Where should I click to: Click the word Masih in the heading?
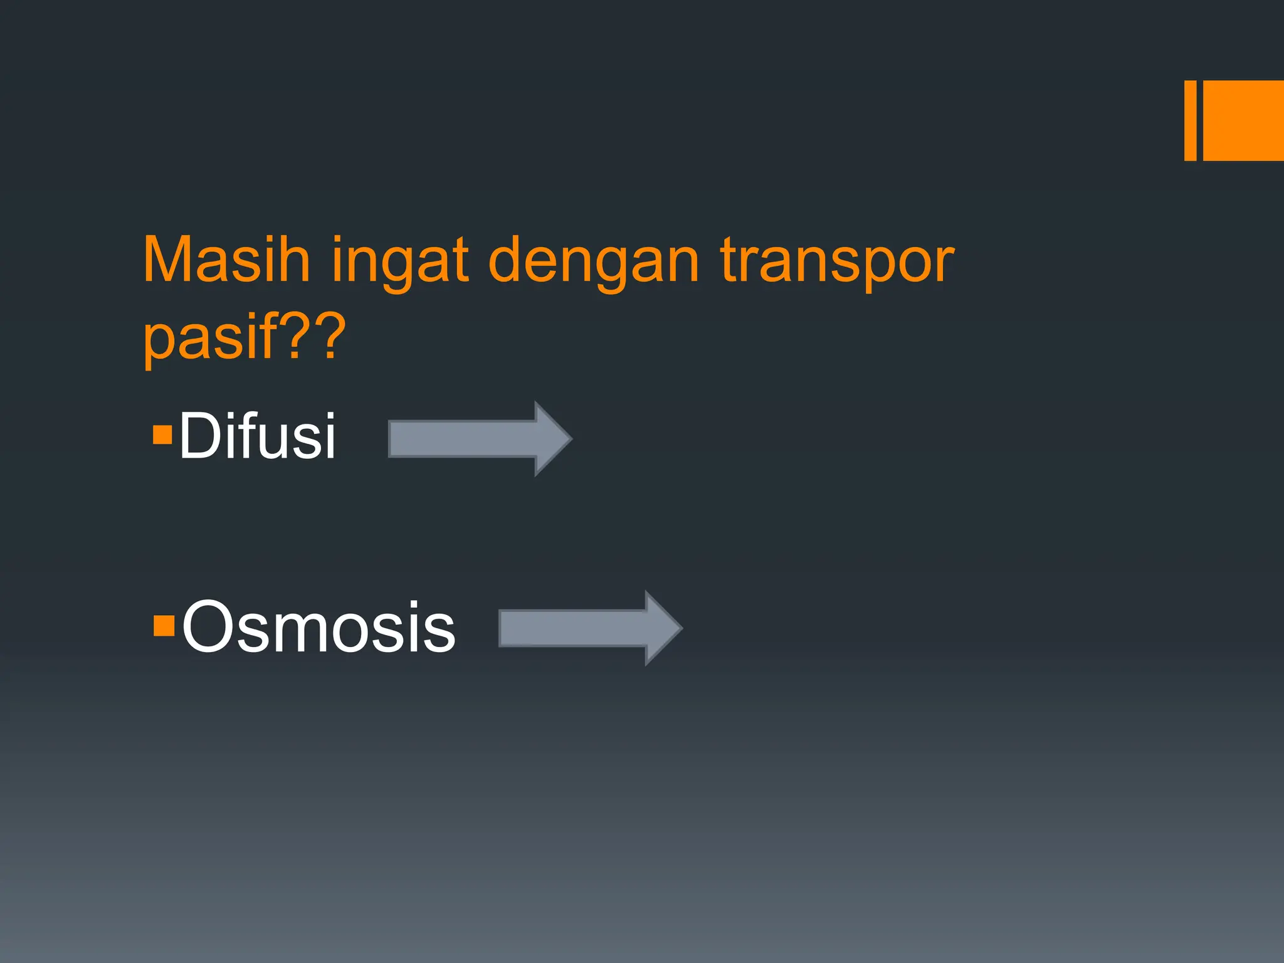point(226,260)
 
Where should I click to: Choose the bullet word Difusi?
point(257,436)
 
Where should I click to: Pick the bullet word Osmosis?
point(318,627)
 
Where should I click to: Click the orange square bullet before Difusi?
point(162,434)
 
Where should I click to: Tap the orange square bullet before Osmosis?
point(164,626)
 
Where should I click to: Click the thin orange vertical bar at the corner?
point(1190,120)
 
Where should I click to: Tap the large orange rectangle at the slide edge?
point(1243,120)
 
